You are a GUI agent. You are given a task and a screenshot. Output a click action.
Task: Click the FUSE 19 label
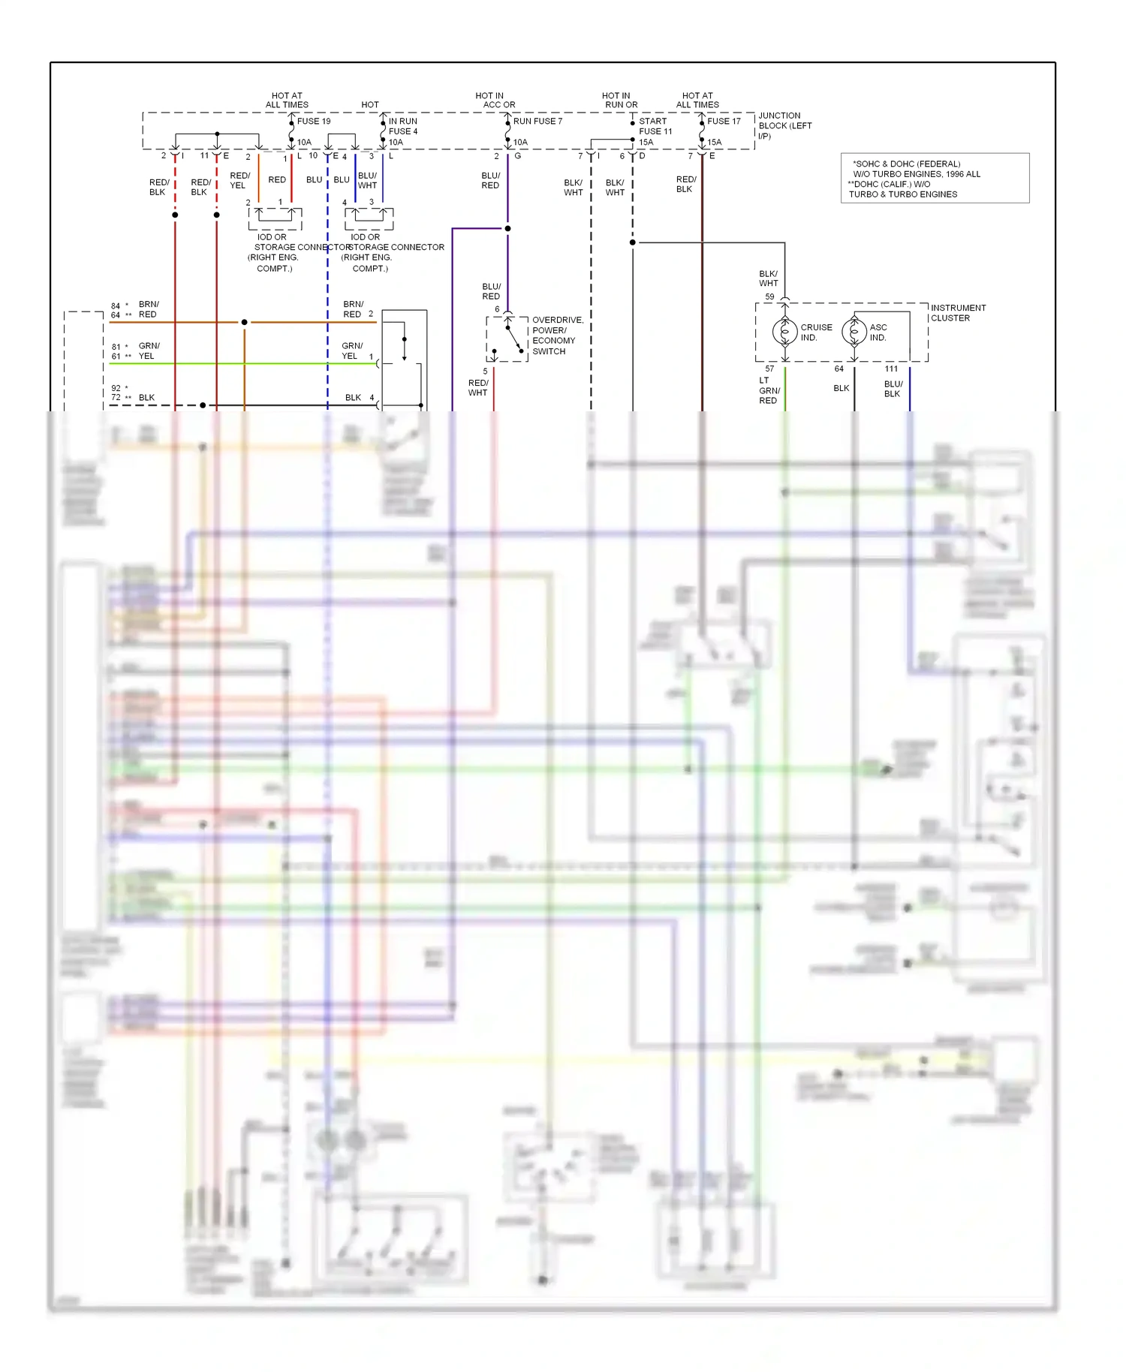(x=313, y=121)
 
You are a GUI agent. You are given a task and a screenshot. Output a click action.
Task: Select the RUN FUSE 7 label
(x=537, y=121)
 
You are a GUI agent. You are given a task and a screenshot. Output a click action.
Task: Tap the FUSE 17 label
(x=724, y=121)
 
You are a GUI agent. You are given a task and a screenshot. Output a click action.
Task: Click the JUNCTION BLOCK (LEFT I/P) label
(x=784, y=125)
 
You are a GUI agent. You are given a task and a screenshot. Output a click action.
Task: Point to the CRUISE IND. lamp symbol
(x=784, y=331)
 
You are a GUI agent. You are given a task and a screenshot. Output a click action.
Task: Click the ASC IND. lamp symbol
(x=854, y=331)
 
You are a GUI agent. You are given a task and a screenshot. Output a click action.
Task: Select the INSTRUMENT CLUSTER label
(x=958, y=313)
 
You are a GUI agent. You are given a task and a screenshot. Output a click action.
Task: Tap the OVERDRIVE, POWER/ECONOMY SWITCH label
(x=557, y=335)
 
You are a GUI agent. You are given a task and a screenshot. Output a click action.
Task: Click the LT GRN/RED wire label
(x=769, y=390)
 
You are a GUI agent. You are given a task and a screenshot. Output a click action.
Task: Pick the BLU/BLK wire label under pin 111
(x=893, y=389)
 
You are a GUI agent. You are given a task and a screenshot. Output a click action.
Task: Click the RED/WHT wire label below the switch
(x=478, y=387)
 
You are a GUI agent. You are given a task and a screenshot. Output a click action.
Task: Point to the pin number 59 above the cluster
(x=769, y=296)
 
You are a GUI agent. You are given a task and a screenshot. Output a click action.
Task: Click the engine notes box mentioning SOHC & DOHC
(x=935, y=179)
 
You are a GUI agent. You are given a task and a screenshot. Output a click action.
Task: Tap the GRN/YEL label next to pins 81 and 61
(x=149, y=351)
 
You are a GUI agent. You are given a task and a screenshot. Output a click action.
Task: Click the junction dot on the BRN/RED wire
(x=244, y=322)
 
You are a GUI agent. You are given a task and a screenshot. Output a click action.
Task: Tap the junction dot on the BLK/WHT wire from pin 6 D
(x=632, y=242)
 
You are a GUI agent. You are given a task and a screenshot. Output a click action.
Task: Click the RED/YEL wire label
(x=239, y=180)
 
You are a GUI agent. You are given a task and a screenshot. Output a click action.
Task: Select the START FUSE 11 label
(x=655, y=126)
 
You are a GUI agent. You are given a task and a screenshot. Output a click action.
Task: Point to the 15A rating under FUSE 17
(x=714, y=142)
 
